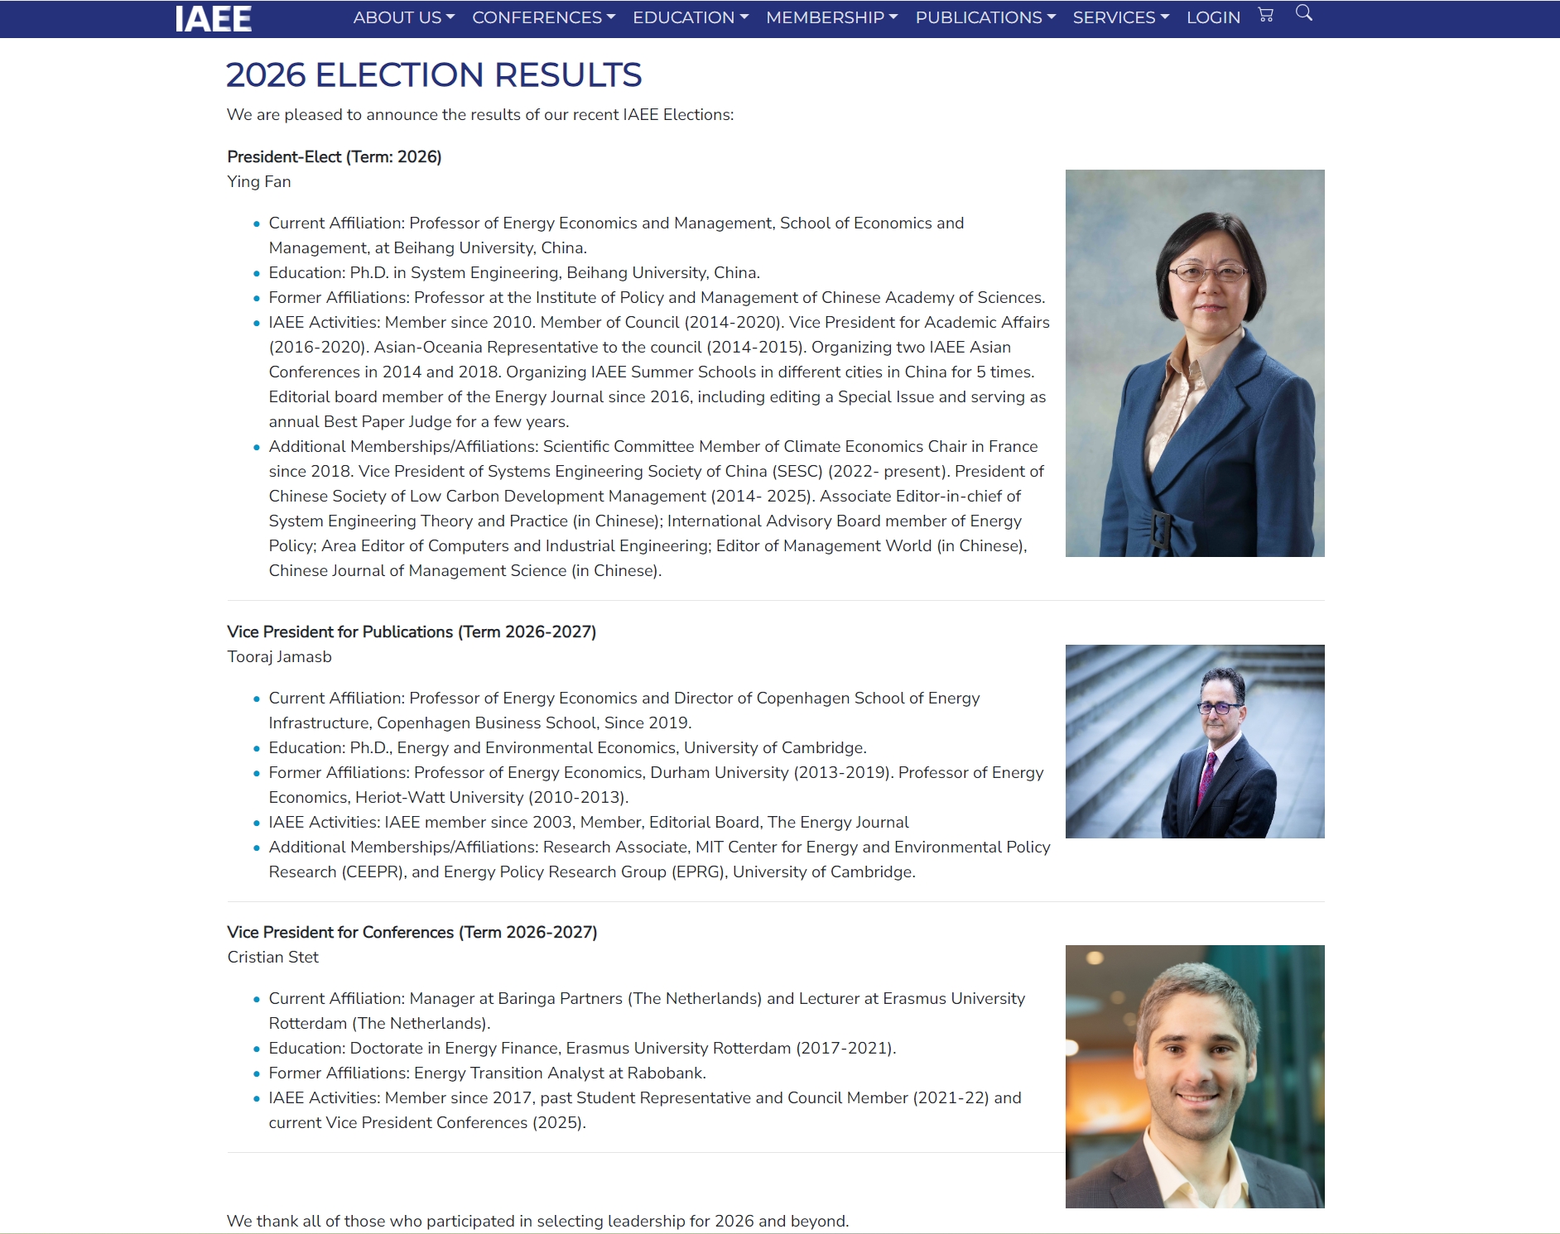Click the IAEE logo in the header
click(x=213, y=19)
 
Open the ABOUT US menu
click(x=403, y=17)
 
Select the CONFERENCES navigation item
click(x=543, y=17)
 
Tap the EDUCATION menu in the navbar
click(x=690, y=17)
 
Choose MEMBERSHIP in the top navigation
click(x=831, y=17)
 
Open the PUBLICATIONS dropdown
click(x=985, y=17)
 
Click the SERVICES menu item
click(x=1120, y=17)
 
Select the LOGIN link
click(x=1213, y=17)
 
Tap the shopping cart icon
click(x=1265, y=14)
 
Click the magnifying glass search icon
click(x=1303, y=13)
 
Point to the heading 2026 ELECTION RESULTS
click(x=434, y=75)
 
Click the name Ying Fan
click(x=259, y=182)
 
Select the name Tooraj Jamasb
click(x=280, y=657)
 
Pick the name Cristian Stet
click(x=273, y=958)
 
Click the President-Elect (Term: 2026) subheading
click(x=335, y=157)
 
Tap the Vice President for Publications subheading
click(x=412, y=632)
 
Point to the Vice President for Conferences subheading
click(x=412, y=933)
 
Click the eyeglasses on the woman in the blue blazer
click(x=1206, y=271)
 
